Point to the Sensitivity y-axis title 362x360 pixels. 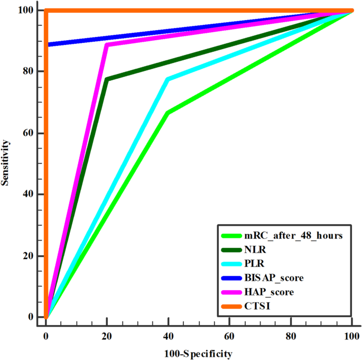coord(6,162)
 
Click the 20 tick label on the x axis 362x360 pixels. coord(107,336)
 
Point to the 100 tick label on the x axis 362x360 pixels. coord(351,336)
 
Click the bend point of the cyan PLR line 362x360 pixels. coord(168,79)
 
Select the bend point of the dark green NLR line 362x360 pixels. coord(107,79)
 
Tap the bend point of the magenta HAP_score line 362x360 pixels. coord(107,45)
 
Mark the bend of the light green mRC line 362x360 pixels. coord(168,113)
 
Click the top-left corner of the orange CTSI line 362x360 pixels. coord(47,11)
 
